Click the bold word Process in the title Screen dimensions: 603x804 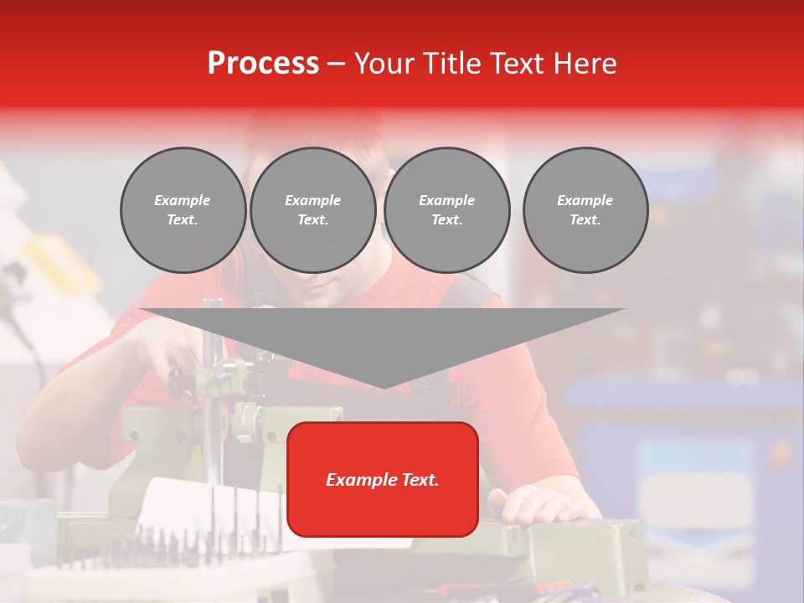coord(263,63)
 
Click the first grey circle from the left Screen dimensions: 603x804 coord(183,210)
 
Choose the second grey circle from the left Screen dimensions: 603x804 coord(312,210)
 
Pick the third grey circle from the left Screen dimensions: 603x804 coord(446,210)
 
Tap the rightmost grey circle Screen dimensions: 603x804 coord(585,210)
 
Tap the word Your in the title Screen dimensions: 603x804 coord(386,63)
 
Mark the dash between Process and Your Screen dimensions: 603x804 coord(336,64)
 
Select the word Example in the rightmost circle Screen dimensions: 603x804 coord(585,200)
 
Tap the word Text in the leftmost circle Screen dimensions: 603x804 coord(182,220)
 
